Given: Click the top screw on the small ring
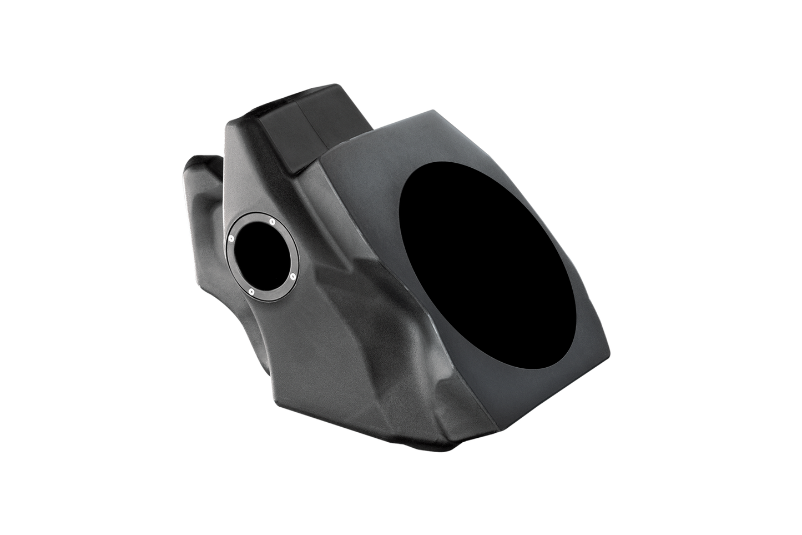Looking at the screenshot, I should pyautogui.click(x=272, y=222).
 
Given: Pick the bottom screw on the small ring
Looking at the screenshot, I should pyautogui.click(x=251, y=291).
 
